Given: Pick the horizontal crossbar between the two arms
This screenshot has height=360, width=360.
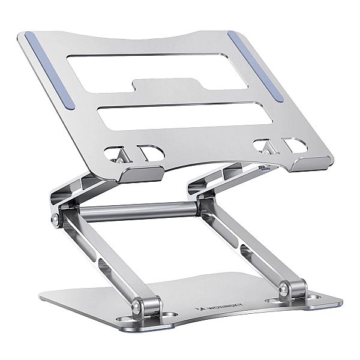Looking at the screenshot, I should point(126,213).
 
